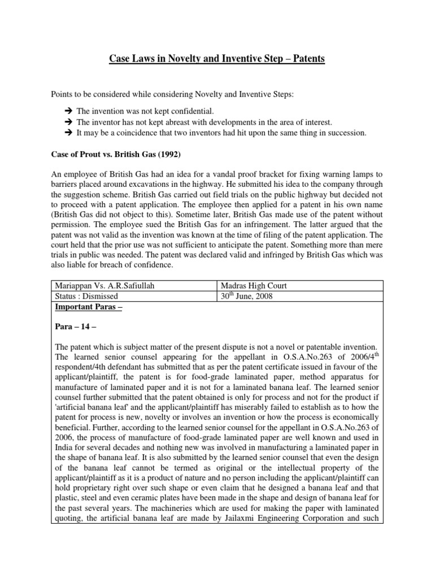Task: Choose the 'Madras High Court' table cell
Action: click(254, 286)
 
